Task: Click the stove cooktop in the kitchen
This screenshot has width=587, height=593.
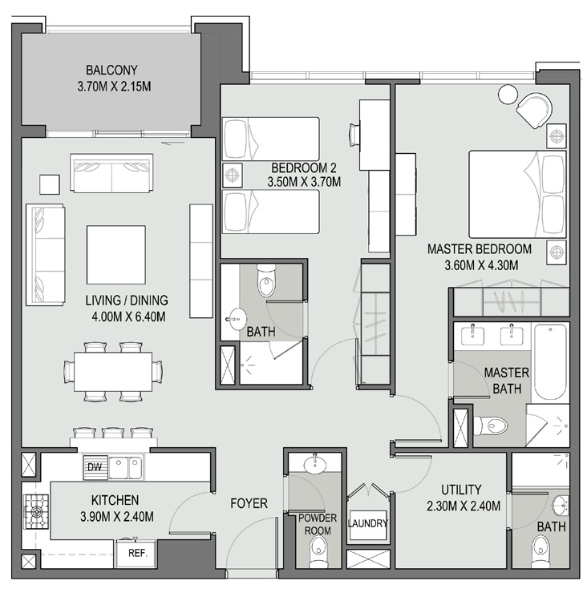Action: coord(36,509)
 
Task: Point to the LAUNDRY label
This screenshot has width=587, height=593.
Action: coord(368,524)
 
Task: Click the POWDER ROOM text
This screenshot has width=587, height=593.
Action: coord(319,524)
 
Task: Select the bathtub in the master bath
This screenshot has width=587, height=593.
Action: coord(550,361)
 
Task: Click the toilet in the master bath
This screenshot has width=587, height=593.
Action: coord(486,424)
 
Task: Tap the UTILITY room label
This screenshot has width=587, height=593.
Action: coord(461,489)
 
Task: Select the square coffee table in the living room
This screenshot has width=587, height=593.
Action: coord(116,255)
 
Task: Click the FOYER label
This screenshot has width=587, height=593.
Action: coord(249,503)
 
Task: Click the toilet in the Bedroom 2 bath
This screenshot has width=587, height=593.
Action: coord(266,281)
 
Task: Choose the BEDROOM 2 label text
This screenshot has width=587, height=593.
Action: coord(303,168)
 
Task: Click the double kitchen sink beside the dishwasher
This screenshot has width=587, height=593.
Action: coord(124,467)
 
